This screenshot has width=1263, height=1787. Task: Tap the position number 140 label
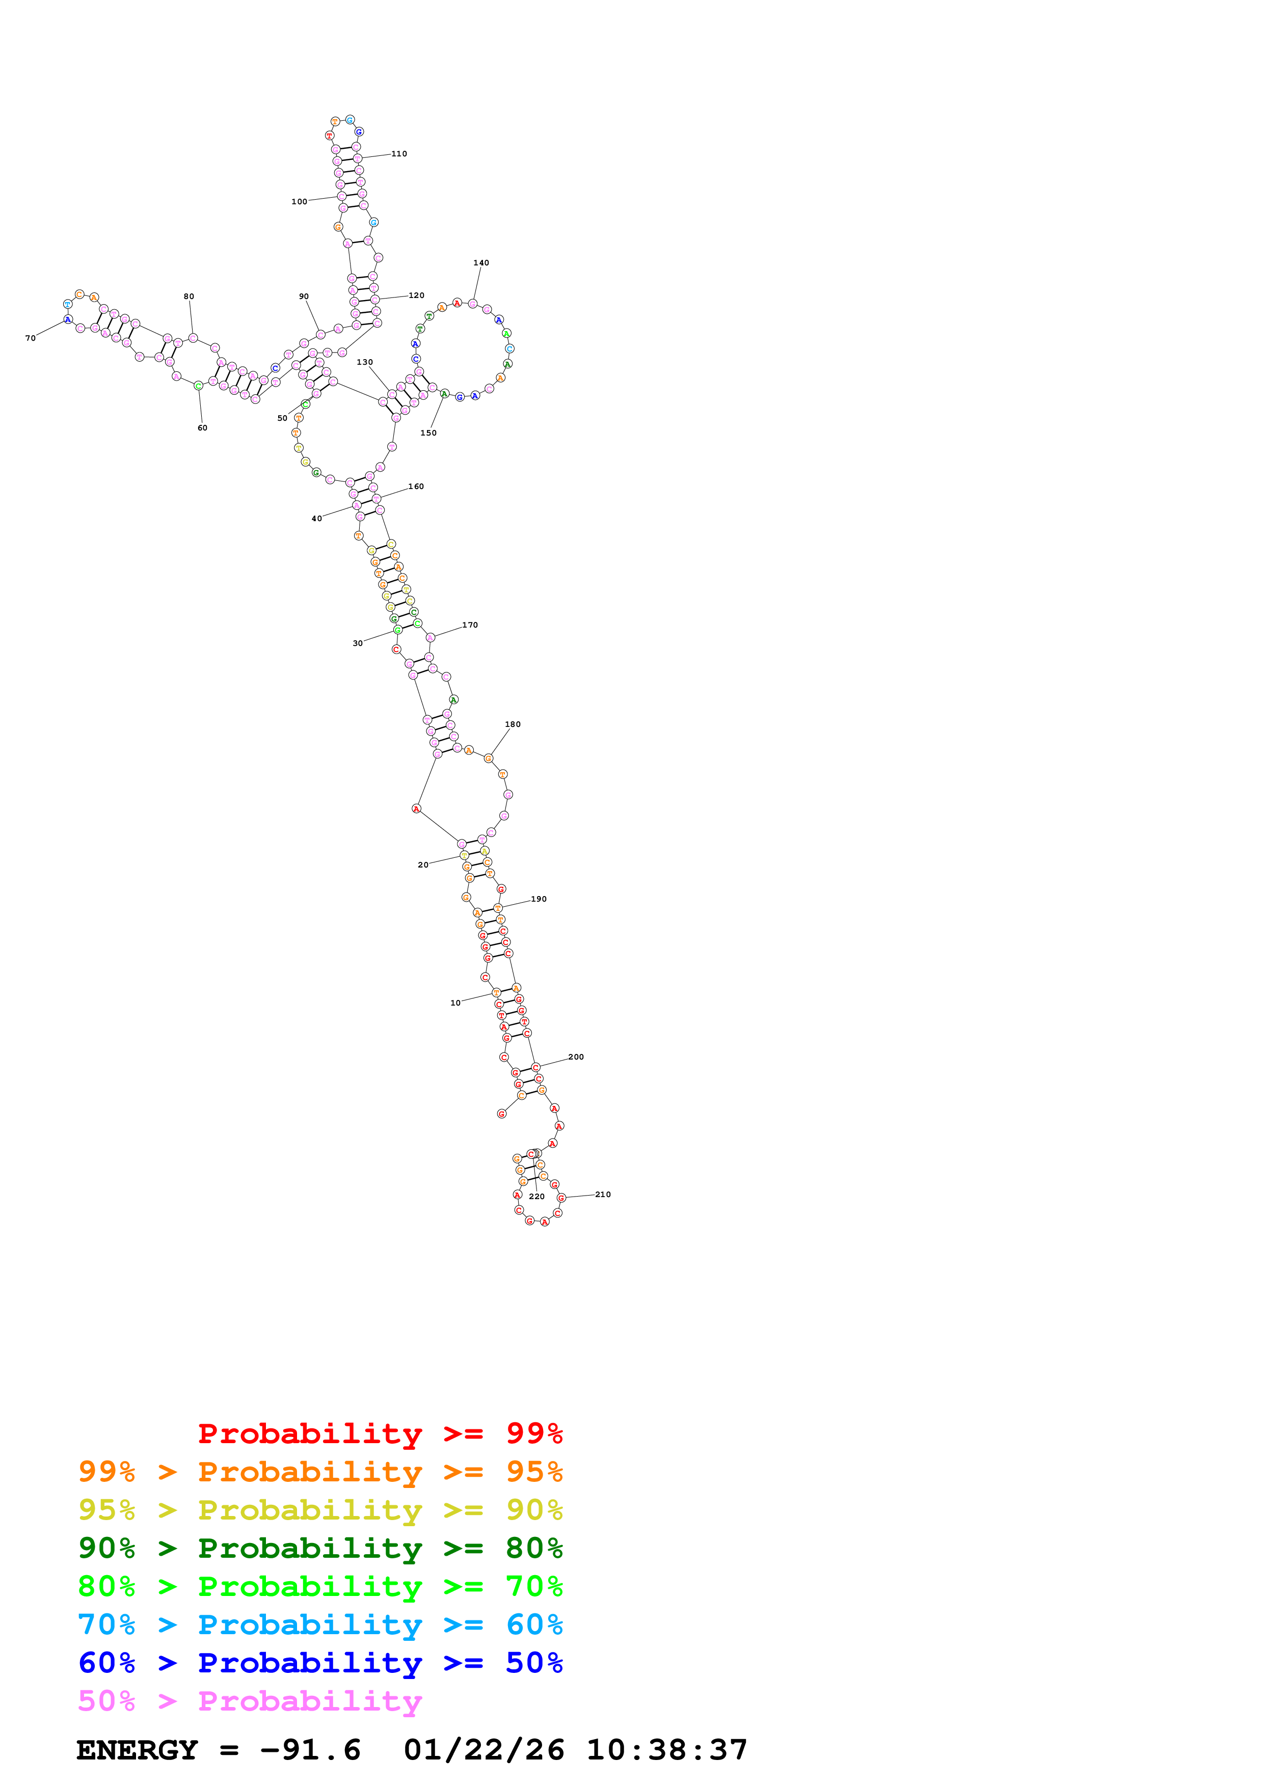point(481,263)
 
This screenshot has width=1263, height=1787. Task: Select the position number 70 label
point(31,339)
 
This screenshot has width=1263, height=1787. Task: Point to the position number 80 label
point(189,296)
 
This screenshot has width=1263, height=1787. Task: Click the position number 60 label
point(202,428)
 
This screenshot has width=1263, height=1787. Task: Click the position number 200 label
point(575,1057)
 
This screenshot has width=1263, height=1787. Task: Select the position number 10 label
point(455,1003)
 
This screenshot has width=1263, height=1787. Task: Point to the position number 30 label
point(357,644)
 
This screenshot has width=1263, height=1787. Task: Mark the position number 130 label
point(364,363)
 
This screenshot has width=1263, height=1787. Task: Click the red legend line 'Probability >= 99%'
point(380,1433)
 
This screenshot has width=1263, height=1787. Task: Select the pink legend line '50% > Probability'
point(250,1701)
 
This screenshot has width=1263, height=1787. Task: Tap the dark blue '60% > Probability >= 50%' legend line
point(320,1663)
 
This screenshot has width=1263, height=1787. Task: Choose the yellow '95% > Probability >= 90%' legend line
point(320,1510)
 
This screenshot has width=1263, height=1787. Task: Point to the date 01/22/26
point(483,1750)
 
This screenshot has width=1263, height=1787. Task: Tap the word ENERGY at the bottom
point(137,1750)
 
